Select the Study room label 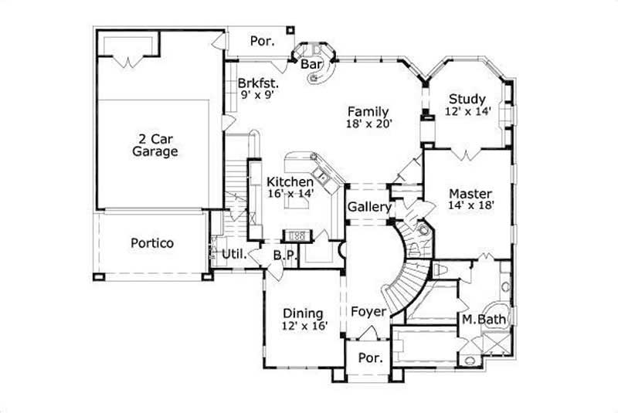point(467,99)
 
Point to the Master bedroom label point(470,192)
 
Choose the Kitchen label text point(290,181)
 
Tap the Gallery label point(368,208)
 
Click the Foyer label point(368,312)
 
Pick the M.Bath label point(478,319)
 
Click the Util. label point(233,254)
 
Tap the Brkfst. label point(257,83)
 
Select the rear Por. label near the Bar point(262,41)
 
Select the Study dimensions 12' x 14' point(467,111)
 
